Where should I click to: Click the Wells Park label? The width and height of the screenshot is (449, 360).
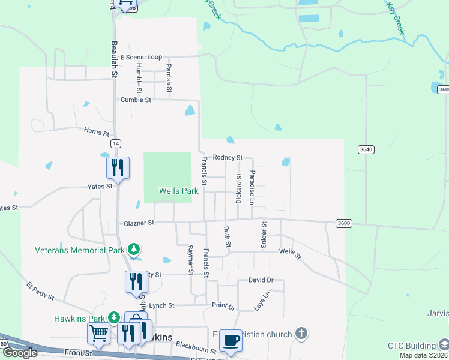pyautogui.click(x=178, y=191)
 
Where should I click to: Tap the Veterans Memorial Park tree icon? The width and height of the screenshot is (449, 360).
pyautogui.click(x=134, y=249)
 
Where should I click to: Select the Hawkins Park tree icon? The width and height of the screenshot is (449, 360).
pyautogui.click(x=114, y=317)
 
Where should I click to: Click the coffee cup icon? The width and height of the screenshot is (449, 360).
pyautogui.click(x=231, y=340)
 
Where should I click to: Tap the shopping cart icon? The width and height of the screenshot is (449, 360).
pyautogui.click(x=98, y=332)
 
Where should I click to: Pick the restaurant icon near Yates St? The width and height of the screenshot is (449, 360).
pyautogui.click(x=118, y=167)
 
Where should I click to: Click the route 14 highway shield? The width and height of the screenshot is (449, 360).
pyautogui.click(x=115, y=143)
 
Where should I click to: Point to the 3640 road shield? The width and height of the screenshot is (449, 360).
pyautogui.click(x=366, y=149)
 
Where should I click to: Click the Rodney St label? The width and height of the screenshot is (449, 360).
pyautogui.click(x=228, y=157)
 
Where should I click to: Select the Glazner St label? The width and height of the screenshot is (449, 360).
pyautogui.click(x=139, y=223)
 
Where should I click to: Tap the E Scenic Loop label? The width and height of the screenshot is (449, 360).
pyautogui.click(x=141, y=57)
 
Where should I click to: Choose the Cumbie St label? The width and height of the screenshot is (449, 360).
pyautogui.click(x=136, y=100)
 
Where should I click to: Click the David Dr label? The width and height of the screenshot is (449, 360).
pyautogui.click(x=261, y=280)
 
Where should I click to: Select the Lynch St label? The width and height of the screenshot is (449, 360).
pyautogui.click(x=161, y=305)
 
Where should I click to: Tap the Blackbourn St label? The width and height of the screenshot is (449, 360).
pyautogui.click(x=196, y=350)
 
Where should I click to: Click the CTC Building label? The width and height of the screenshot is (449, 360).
pyautogui.click(x=411, y=346)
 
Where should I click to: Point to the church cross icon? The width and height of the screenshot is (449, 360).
pyautogui.click(x=301, y=334)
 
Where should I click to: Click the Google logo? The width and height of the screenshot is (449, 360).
pyautogui.click(x=20, y=353)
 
